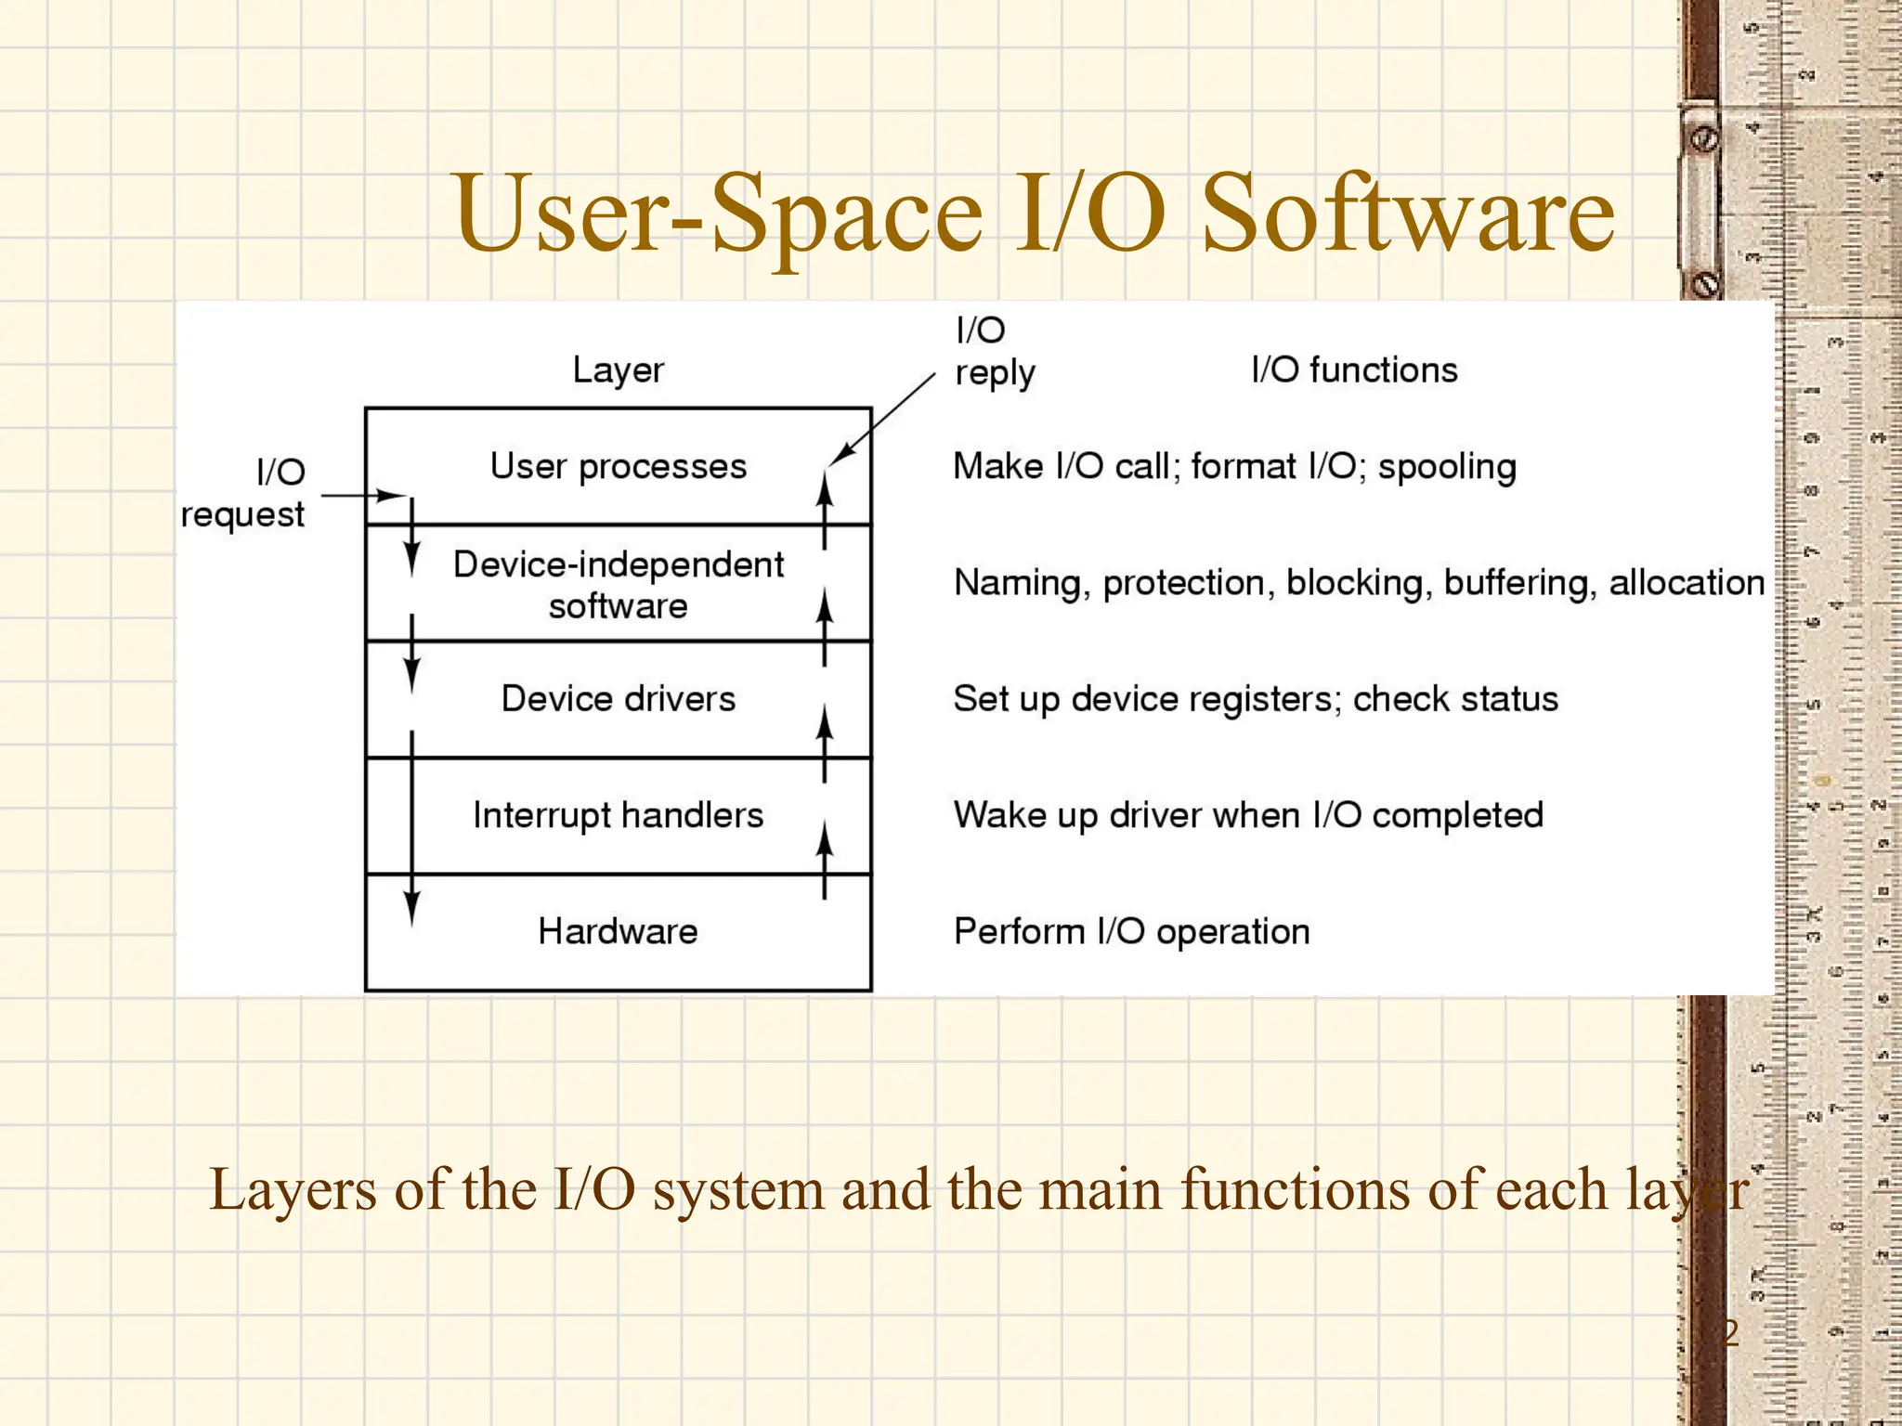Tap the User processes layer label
pyautogui.click(x=619, y=466)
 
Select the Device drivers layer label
pyautogui.click(x=619, y=698)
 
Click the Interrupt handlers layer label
pyautogui.click(x=619, y=815)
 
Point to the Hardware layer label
pyautogui.click(x=619, y=931)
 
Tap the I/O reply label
pyautogui.click(x=993, y=352)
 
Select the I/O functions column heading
pyautogui.click(x=1354, y=370)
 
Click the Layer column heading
pyautogui.click(x=619, y=370)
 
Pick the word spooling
pyautogui.click(x=1446, y=467)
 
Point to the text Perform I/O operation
pyautogui.click(x=1131, y=931)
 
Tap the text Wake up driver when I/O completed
pyautogui.click(x=1248, y=815)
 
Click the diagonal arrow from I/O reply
pyautogui.click(x=882, y=419)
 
